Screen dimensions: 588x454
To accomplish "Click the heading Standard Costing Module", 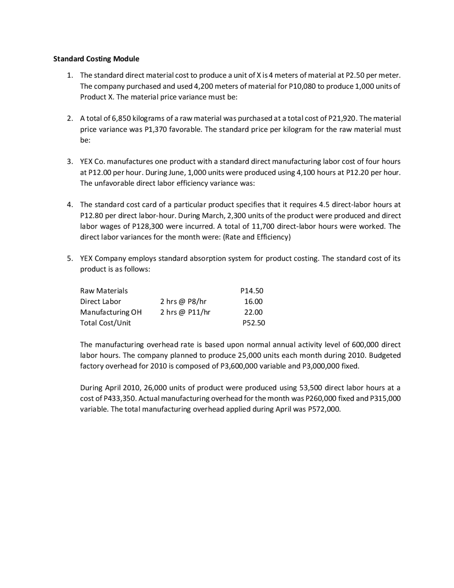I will pyautogui.click(x=96, y=59).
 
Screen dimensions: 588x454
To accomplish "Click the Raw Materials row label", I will pyautogui.click(x=104, y=291).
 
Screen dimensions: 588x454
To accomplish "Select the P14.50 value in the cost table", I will pyautogui.click(x=252, y=291).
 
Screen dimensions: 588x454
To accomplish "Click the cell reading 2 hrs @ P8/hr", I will pyautogui.click(x=183, y=301).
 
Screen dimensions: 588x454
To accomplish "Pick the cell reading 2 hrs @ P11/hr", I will pyautogui.click(x=185, y=312).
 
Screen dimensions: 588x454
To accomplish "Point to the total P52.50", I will pyautogui.click(x=253, y=323).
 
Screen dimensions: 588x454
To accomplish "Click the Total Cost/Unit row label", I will pyautogui.click(x=105, y=323).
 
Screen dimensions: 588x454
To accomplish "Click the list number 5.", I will pyautogui.click(x=70, y=258).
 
